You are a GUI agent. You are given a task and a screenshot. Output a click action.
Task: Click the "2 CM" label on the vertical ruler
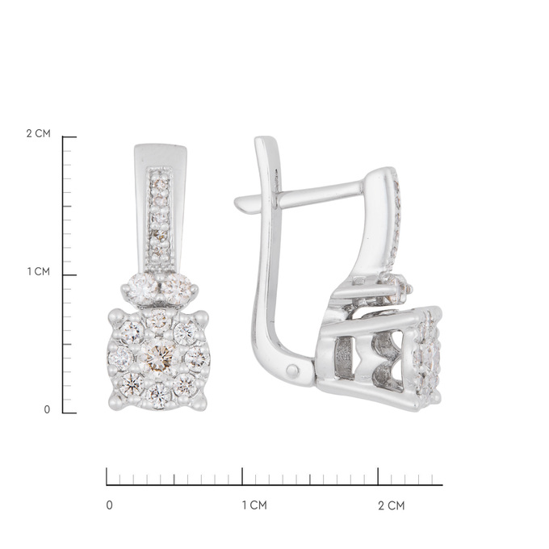click(39, 133)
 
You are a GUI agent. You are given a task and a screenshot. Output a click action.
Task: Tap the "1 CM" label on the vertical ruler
click(39, 271)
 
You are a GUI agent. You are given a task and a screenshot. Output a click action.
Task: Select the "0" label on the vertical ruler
click(47, 409)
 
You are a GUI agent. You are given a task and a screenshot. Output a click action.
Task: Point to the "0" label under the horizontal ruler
click(110, 505)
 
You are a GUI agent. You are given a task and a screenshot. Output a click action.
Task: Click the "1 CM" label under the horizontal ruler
click(254, 505)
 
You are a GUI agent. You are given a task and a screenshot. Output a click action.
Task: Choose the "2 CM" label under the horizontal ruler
click(392, 505)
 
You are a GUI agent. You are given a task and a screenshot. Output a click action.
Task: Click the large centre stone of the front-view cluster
click(158, 356)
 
